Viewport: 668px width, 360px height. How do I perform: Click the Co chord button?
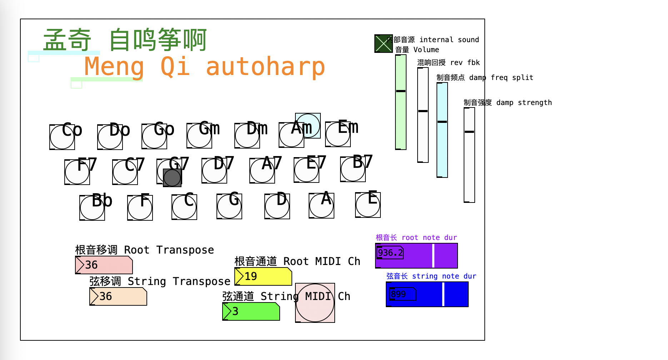(62, 137)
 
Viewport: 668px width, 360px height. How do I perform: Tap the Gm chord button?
(199, 136)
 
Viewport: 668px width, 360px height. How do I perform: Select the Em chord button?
(338, 134)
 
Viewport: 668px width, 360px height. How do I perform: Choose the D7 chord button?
(214, 171)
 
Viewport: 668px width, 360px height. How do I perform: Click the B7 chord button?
(353, 169)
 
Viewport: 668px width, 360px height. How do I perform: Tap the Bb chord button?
(92, 208)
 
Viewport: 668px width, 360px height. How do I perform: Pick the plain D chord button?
(277, 206)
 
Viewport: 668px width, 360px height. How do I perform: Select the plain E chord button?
(368, 205)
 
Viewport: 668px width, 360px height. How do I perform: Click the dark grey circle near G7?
(172, 177)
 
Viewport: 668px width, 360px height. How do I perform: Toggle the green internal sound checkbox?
(383, 44)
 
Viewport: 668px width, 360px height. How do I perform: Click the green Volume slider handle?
(401, 91)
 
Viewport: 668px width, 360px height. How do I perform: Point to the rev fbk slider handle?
(423, 111)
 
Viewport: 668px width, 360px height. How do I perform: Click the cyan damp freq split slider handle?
(442, 122)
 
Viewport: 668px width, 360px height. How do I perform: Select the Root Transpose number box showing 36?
(104, 265)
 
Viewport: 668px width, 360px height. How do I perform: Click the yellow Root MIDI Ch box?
(263, 276)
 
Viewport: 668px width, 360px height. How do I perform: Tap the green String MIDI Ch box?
(251, 311)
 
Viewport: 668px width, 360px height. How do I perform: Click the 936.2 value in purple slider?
(390, 253)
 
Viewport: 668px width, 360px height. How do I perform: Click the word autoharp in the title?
(265, 67)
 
